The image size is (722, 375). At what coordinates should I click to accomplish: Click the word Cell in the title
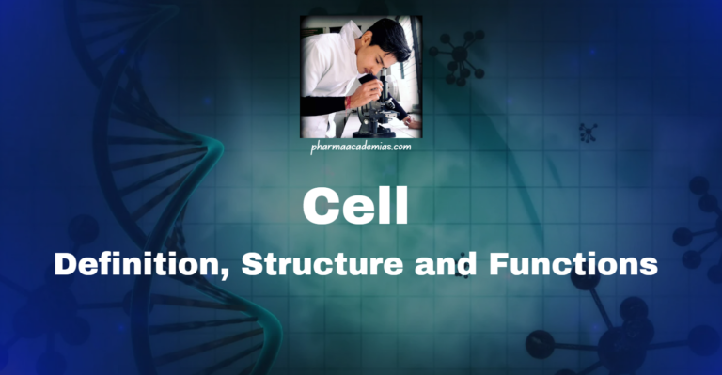[x=354, y=205]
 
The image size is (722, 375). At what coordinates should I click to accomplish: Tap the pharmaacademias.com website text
[x=361, y=148]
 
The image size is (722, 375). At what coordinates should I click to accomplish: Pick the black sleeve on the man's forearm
[x=329, y=103]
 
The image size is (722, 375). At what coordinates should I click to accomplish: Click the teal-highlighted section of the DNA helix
[x=202, y=150]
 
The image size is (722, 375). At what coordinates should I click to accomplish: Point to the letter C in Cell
[x=320, y=205]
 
